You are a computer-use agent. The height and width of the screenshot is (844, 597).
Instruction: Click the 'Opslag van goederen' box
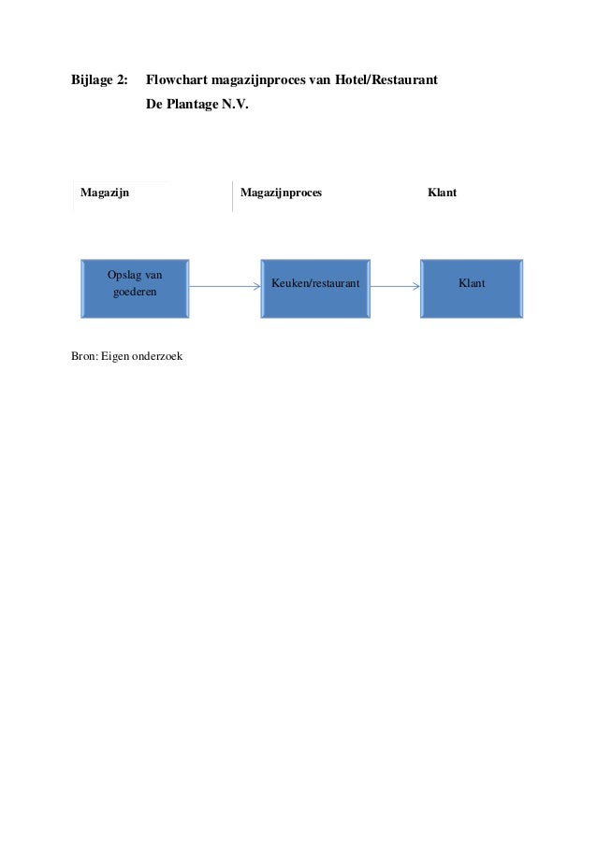tap(135, 289)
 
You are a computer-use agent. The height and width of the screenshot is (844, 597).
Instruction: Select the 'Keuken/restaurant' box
tap(315, 289)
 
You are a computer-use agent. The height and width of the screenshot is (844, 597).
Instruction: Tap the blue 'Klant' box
tap(472, 289)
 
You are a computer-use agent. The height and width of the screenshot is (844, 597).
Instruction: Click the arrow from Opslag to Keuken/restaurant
tap(225, 289)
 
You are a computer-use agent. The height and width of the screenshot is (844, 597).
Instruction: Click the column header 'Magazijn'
tap(105, 193)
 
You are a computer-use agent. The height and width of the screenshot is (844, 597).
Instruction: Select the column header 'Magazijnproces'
tap(281, 193)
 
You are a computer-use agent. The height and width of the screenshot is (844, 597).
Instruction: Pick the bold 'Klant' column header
tap(442, 193)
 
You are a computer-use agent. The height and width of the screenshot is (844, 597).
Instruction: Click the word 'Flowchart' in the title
tap(177, 80)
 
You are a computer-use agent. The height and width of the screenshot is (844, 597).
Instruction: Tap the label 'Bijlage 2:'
tap(100, 80)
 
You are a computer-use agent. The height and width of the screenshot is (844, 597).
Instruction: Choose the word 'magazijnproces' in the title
tap(255, 80)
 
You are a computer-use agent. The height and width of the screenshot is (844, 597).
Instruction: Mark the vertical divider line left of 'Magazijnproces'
tap(232, 196)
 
